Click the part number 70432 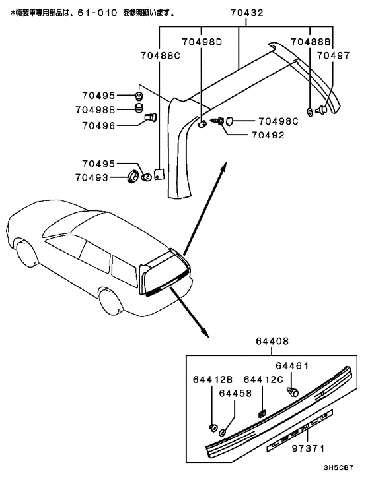pos(246,12)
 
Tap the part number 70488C pos(160,56)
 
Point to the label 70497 pos(334,56)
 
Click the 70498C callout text pos(278,121)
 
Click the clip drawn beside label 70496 pos(149,119)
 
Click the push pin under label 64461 pos(295,392)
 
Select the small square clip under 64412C pos(262,414)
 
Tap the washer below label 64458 pos(224,432)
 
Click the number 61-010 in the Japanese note pos(115,12)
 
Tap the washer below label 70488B pos(310,111)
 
